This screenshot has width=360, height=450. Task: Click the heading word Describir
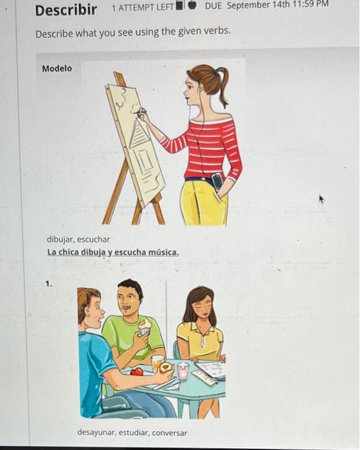coord(66,10)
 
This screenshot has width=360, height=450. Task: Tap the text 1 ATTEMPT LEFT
coord(143,8)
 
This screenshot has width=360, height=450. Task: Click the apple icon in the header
coord(192,5)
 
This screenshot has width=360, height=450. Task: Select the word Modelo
coord(57,69)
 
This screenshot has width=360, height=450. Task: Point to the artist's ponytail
coord(223,85)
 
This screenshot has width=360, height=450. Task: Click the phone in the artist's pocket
coord(217,182)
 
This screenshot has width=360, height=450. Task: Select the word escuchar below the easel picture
coord(94,239)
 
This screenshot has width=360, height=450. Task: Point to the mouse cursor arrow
coord(321,199)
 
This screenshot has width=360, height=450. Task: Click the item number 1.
coord(49,284)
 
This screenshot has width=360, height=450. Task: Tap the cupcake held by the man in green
coord(145,327)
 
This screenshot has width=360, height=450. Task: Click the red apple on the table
coord(137,372)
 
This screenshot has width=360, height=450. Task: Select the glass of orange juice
coord(157,363)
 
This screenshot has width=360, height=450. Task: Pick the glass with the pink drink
coord(183,371)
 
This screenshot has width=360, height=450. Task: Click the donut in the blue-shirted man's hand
coord(166,368)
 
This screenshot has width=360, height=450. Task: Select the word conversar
coord(169,433)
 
